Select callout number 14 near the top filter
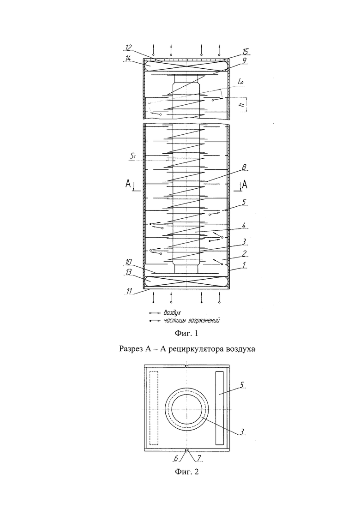pyautogui.click(x=127, y=59)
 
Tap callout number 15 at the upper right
pyautogui.click(x=245, y=52)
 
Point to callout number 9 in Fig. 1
pyautogui.click(x=244, y=60)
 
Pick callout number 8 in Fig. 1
pyautogui.click(x=244, y=167)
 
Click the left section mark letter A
pyautogui.click(x=129, y=185)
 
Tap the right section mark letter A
pyautogui.click(x=245, y=185)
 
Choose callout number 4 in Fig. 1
pyautogui.click(x=244, y=225)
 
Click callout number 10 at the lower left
pyautogui.click(x=129, y=262)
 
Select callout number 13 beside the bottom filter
pyautogui.click(x=129, y=273)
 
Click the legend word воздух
pyautogui.click(x=172, y=313)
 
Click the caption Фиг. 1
pyautogui.click(x=186, y=333)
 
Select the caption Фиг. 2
pyautogui.click(x=186, y=471)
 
